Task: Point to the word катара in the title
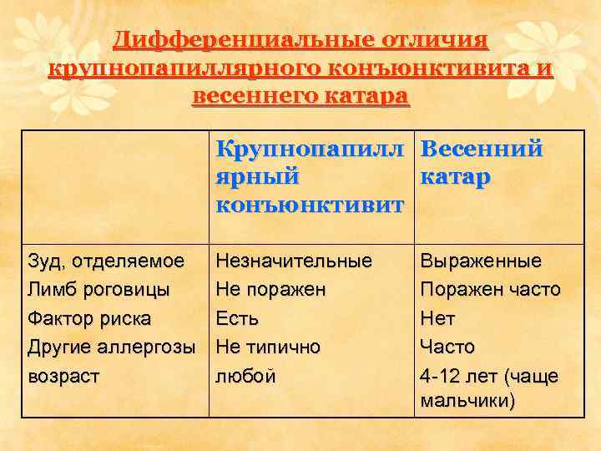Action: click(x=362, y=96)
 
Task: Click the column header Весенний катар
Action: click(x=482, y=164)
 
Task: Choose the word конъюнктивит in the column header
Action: click(x=310, y=205)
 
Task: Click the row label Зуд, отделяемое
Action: click(x=106, y=261)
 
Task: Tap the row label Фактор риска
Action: click(x=90, y=318)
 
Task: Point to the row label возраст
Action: click(x=63, y=376)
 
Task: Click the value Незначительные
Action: click(x=294, y=261)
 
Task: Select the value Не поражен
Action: click(x=270, y=290)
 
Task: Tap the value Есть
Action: click(x=237, y=318)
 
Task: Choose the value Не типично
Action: click(x=268, y=347)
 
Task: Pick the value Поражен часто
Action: click(x=491, y=290)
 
